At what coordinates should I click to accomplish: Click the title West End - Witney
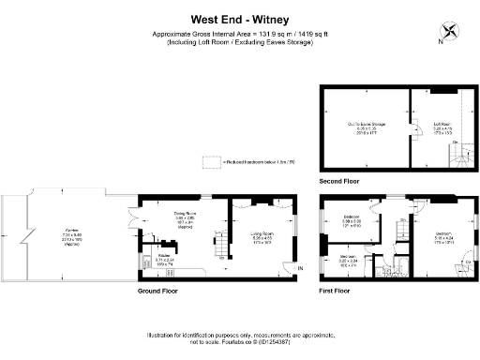(x=240, y=17)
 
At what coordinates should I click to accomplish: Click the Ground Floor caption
(x=158, y=291)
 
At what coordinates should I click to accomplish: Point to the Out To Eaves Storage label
(x=366, y=125)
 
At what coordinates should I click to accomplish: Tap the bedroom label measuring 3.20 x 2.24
(x=348, y=260)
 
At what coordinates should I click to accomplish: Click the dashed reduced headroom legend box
(x=211, y=161)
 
